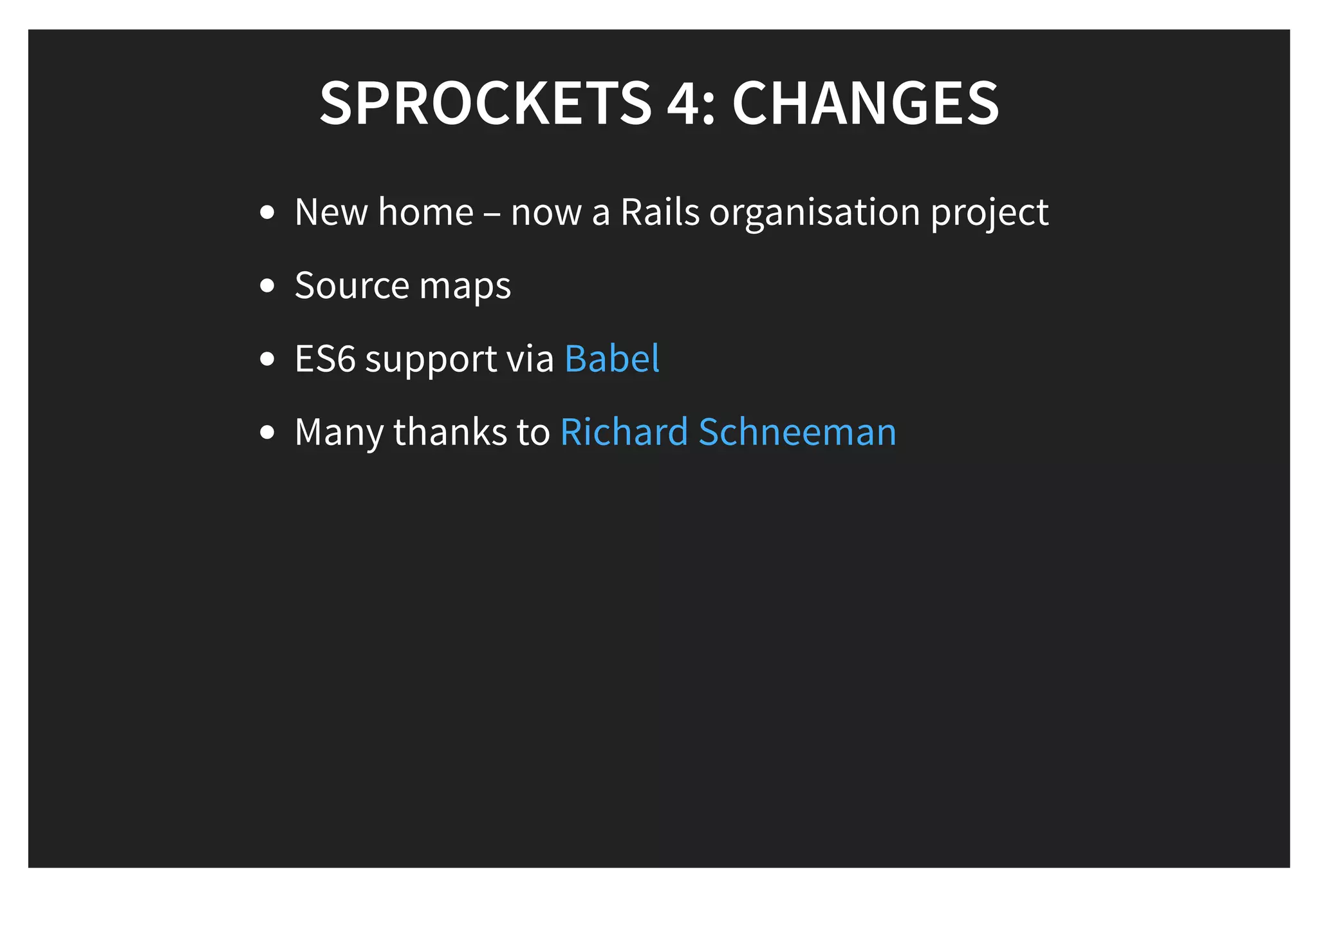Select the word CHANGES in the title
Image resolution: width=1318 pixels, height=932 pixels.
866,103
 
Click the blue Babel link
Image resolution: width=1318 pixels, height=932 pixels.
611,358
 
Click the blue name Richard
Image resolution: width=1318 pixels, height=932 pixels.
624,432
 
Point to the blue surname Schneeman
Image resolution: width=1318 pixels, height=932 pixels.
797,432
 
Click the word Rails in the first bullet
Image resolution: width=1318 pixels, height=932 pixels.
660,212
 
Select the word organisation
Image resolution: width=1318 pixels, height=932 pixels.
815,213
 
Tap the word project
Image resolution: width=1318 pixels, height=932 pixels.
990,213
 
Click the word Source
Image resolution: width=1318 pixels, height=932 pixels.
352,285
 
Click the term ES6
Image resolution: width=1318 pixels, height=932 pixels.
325,359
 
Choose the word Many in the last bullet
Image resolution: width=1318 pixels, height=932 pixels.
339,432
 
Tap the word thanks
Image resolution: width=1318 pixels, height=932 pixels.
450,432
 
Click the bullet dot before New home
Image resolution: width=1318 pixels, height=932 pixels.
267,213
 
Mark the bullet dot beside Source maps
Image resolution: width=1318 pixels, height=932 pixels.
267,286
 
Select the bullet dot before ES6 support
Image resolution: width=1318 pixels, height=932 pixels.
267,359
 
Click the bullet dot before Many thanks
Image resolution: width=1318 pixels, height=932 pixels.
267,432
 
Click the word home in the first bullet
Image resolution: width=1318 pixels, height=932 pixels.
425,212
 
